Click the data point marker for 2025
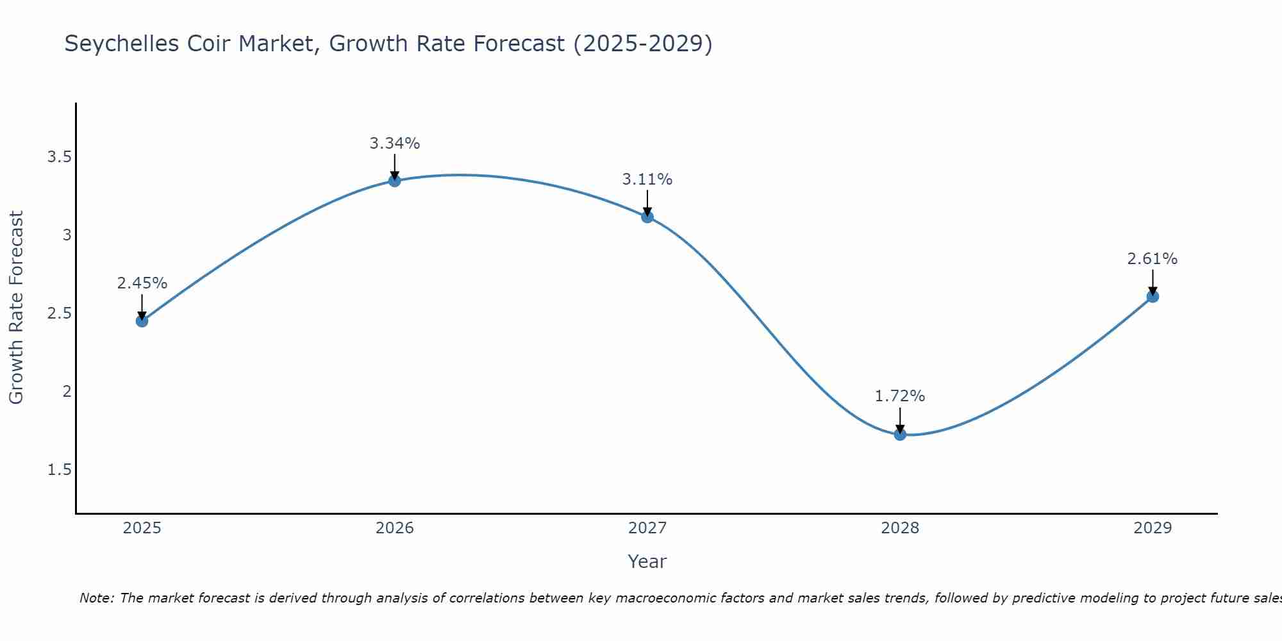click(142, 320)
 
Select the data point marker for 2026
click(394, 181)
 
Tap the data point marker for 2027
click(647, 217)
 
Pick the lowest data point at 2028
click(899, 435)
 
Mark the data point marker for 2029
click(1152, 296)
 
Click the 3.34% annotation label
click(394, 144)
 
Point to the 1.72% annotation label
click(899, 396)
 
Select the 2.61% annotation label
click(1152, 259)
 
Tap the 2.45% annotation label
click(142, 283)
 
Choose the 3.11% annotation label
click(647, 179)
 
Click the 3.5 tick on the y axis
click(59, 157)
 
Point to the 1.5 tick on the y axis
click(59, 470)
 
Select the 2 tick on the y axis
click(67, 392)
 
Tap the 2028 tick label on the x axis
click(899, 528)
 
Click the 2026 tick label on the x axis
click(394, 528)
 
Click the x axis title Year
click(647, 562)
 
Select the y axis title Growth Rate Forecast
click(16, 308)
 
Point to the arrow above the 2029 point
click(1152, 283)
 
